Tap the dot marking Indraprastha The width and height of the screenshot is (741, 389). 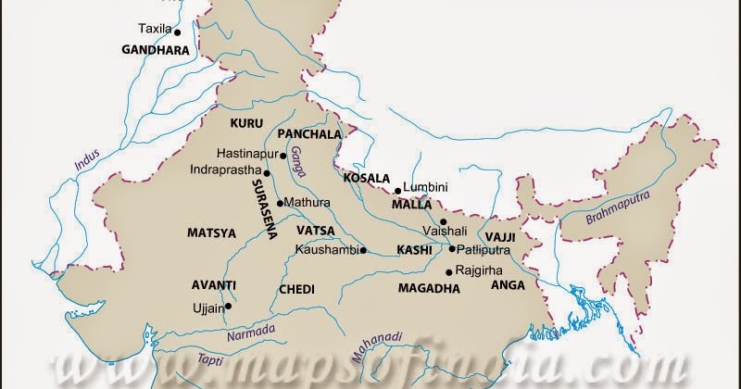pyautogui.click(x=267, y=172)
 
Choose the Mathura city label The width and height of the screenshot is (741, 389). pyautogui.click(x=308, y=201)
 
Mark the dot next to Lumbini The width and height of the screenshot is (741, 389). pyautogui.click(x=397, y=191)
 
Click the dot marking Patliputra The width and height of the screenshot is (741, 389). pyautogui.click(x=452, y=249)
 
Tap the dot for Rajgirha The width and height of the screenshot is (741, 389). pyautogui.click(x=448, y=271)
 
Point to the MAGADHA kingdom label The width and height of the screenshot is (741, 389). pyautogui.click(x=429, y=289)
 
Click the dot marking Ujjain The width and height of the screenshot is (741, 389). pyautogui.click(x=228, y=305)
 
